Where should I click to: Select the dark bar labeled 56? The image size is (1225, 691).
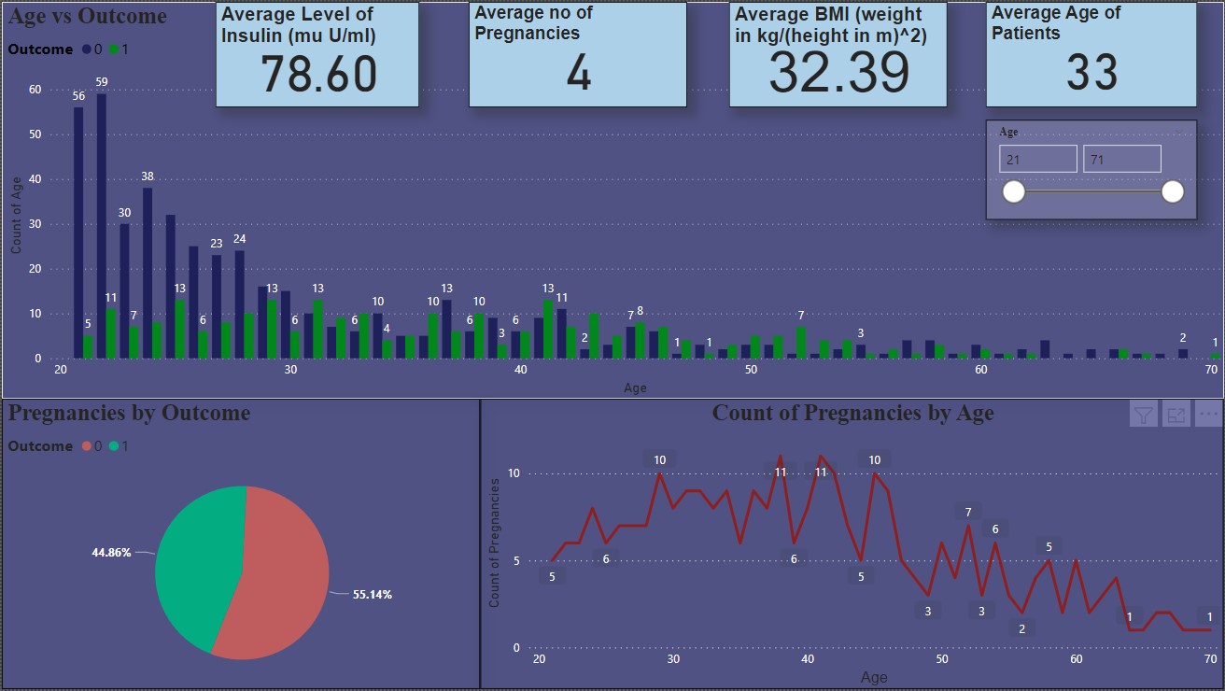click(x=78, y=233)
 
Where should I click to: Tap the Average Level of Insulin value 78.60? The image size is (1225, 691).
click(x=317, y=74)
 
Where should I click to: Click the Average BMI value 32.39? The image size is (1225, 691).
click(x=838, y=72)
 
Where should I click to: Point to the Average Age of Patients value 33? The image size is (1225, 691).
click(x=1091, y=72)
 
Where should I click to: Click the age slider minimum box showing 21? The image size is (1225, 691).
click(x=1037, y=160)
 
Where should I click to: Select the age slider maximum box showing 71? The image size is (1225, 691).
click(x=1121, y=160)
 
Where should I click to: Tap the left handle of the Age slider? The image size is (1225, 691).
click(x=1013, y=192)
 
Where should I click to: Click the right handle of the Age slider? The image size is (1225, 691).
click(x=1173, y=192)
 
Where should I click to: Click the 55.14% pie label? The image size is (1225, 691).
click(x=372, y=594)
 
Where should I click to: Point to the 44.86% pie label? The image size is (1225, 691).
click(x=111, y=552)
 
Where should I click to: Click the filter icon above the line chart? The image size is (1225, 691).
click(x=1144, y=415)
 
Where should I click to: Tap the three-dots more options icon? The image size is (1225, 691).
click(x=1208, y=415)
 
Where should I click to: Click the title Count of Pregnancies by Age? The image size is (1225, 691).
click(x=852, y=413)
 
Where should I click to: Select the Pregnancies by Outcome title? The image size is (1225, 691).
click(x=129, y=413)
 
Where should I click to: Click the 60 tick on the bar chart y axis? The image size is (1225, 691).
click(x=35, y=90)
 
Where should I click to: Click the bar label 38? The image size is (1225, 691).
click(x=148, y=176)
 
